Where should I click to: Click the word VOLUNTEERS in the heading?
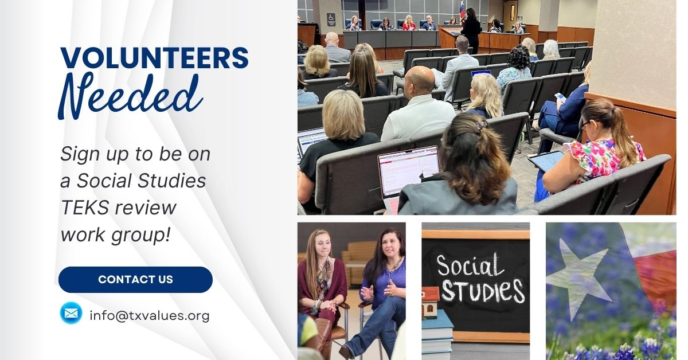tap(154, 58)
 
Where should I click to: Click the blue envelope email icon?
tap(71, 313)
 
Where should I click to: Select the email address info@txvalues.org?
tap(150, 316)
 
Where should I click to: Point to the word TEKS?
tap(85, 208)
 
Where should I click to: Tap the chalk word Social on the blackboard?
tap(470, 265)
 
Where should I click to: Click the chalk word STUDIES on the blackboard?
tap(483, 291)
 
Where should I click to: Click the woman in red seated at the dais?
tap(409, 23)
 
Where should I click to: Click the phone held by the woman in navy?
tap(561, 96)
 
